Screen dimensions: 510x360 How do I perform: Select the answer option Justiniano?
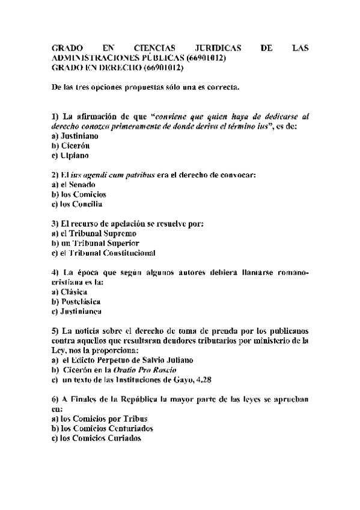(81, 137)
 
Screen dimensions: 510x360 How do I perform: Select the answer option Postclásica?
(80, 301)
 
